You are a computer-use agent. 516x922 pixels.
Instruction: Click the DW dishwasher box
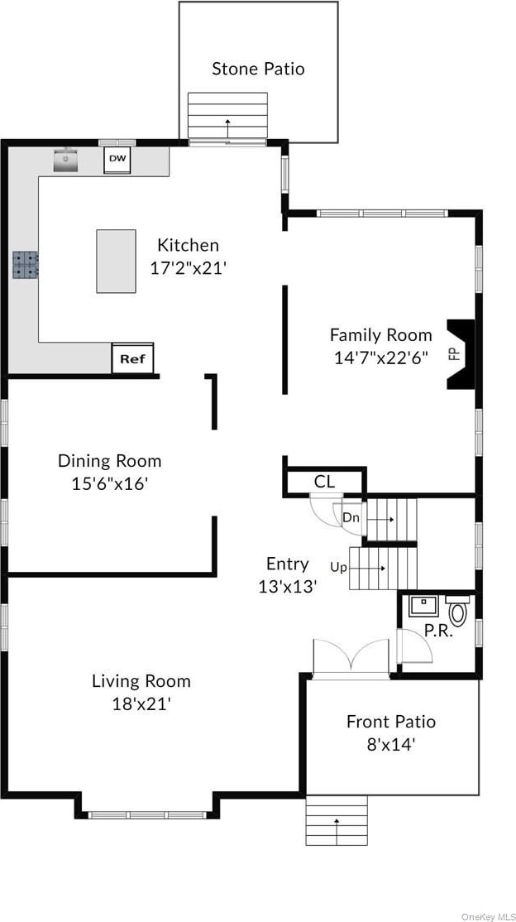coord(117,161)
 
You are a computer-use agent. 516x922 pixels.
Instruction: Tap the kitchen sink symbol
coord(67,160)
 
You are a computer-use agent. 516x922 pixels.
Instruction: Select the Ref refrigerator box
coord(133,358)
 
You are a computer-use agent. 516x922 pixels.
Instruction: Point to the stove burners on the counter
coord(26,265)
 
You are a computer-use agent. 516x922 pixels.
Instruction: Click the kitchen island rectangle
coord(117,261)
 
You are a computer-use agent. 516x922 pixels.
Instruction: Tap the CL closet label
coord(324,483)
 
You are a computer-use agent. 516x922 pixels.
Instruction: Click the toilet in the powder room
coord(457,610)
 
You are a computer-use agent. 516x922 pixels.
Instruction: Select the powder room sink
coord(422,606)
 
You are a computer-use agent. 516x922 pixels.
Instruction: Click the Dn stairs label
coord(351,518)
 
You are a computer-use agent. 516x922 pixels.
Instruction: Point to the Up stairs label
coord(338,568)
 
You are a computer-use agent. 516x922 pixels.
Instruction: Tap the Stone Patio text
coord(259,69)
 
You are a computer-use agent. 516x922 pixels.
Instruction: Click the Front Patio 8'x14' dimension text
coord(391,745)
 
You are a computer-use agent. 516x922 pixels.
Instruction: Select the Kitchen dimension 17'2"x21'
coord(188,268)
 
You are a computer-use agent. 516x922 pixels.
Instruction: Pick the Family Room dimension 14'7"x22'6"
coord(381,358)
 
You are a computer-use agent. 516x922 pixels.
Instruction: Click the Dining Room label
coord(109,460)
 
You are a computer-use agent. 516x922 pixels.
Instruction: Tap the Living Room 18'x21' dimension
coord(141,704)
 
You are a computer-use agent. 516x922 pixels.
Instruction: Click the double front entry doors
coord(351,657)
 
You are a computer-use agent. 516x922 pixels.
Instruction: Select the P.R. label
coord(438,631)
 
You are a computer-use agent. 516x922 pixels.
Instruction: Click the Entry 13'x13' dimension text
coord(288,586)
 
